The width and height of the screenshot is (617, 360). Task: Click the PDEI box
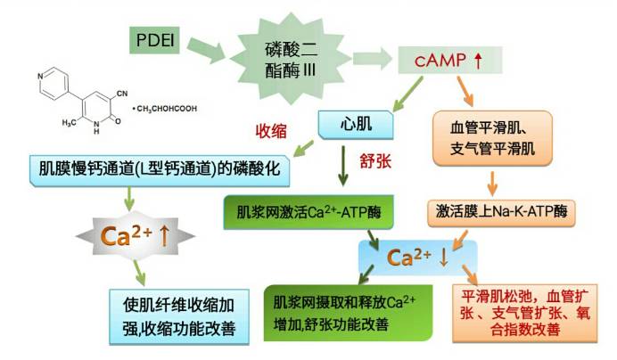pos(157,41)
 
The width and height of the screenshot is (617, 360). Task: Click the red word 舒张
pos(376,160)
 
